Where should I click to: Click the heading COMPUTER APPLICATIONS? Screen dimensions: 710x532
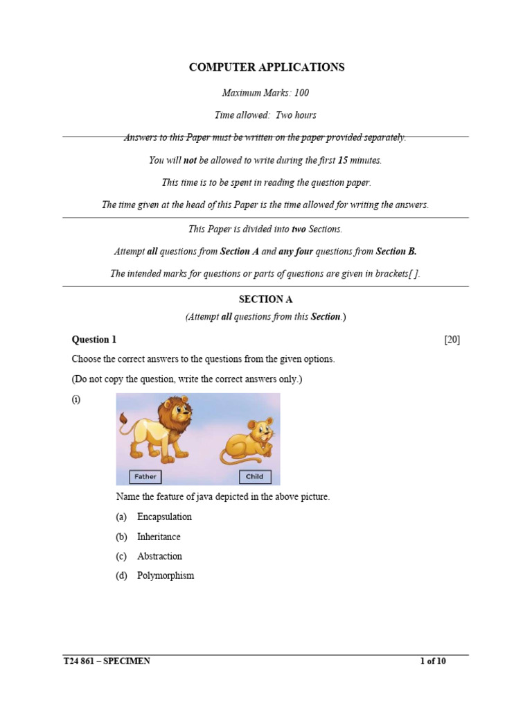coord(267,67)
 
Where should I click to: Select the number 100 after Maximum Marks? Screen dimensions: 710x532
coord(299,92)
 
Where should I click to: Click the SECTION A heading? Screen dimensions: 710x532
coord(265,300)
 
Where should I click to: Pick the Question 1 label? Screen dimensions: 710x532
coord(94,340)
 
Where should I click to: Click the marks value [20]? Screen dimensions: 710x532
coord(452,340)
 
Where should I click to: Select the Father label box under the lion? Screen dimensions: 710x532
coord(145,477)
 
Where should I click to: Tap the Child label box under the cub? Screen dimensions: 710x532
coord(255,477)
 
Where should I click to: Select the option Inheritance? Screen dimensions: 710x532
coord(159,537)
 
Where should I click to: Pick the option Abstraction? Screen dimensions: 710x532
coord(159,556)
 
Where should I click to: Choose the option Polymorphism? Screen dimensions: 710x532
coord(166,575)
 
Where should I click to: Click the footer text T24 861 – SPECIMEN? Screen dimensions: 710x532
coord(107,661)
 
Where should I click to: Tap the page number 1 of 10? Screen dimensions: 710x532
coord(433,661)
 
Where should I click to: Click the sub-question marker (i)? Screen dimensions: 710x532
coord(76,399)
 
